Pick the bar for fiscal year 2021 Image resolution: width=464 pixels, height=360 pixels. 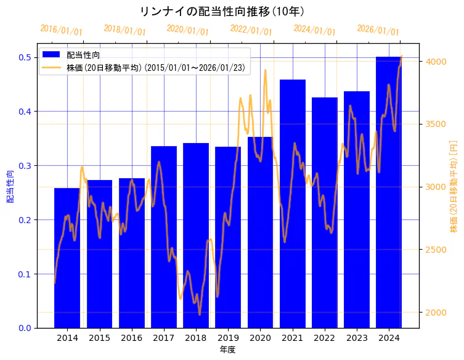coord(292,203)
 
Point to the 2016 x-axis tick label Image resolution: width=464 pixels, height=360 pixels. coord(131,338)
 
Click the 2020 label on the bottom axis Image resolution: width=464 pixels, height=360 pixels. coord(260,338)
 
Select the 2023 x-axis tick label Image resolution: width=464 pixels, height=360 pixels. coord(357,338)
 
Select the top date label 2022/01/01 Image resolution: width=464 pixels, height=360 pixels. coord(251,30)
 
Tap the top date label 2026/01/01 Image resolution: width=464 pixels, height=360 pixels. coord(378,30)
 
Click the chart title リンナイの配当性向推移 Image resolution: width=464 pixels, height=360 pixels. coord(222,12)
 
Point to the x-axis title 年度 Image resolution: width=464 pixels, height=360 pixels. coord(227,350)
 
